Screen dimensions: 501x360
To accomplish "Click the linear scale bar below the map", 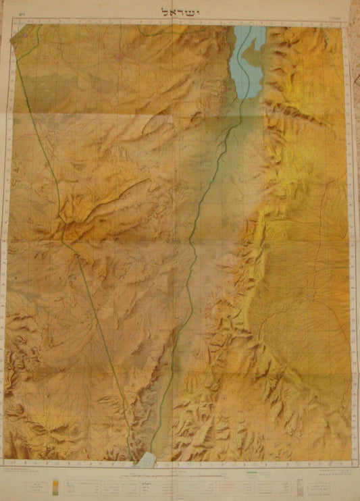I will [203, 480].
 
